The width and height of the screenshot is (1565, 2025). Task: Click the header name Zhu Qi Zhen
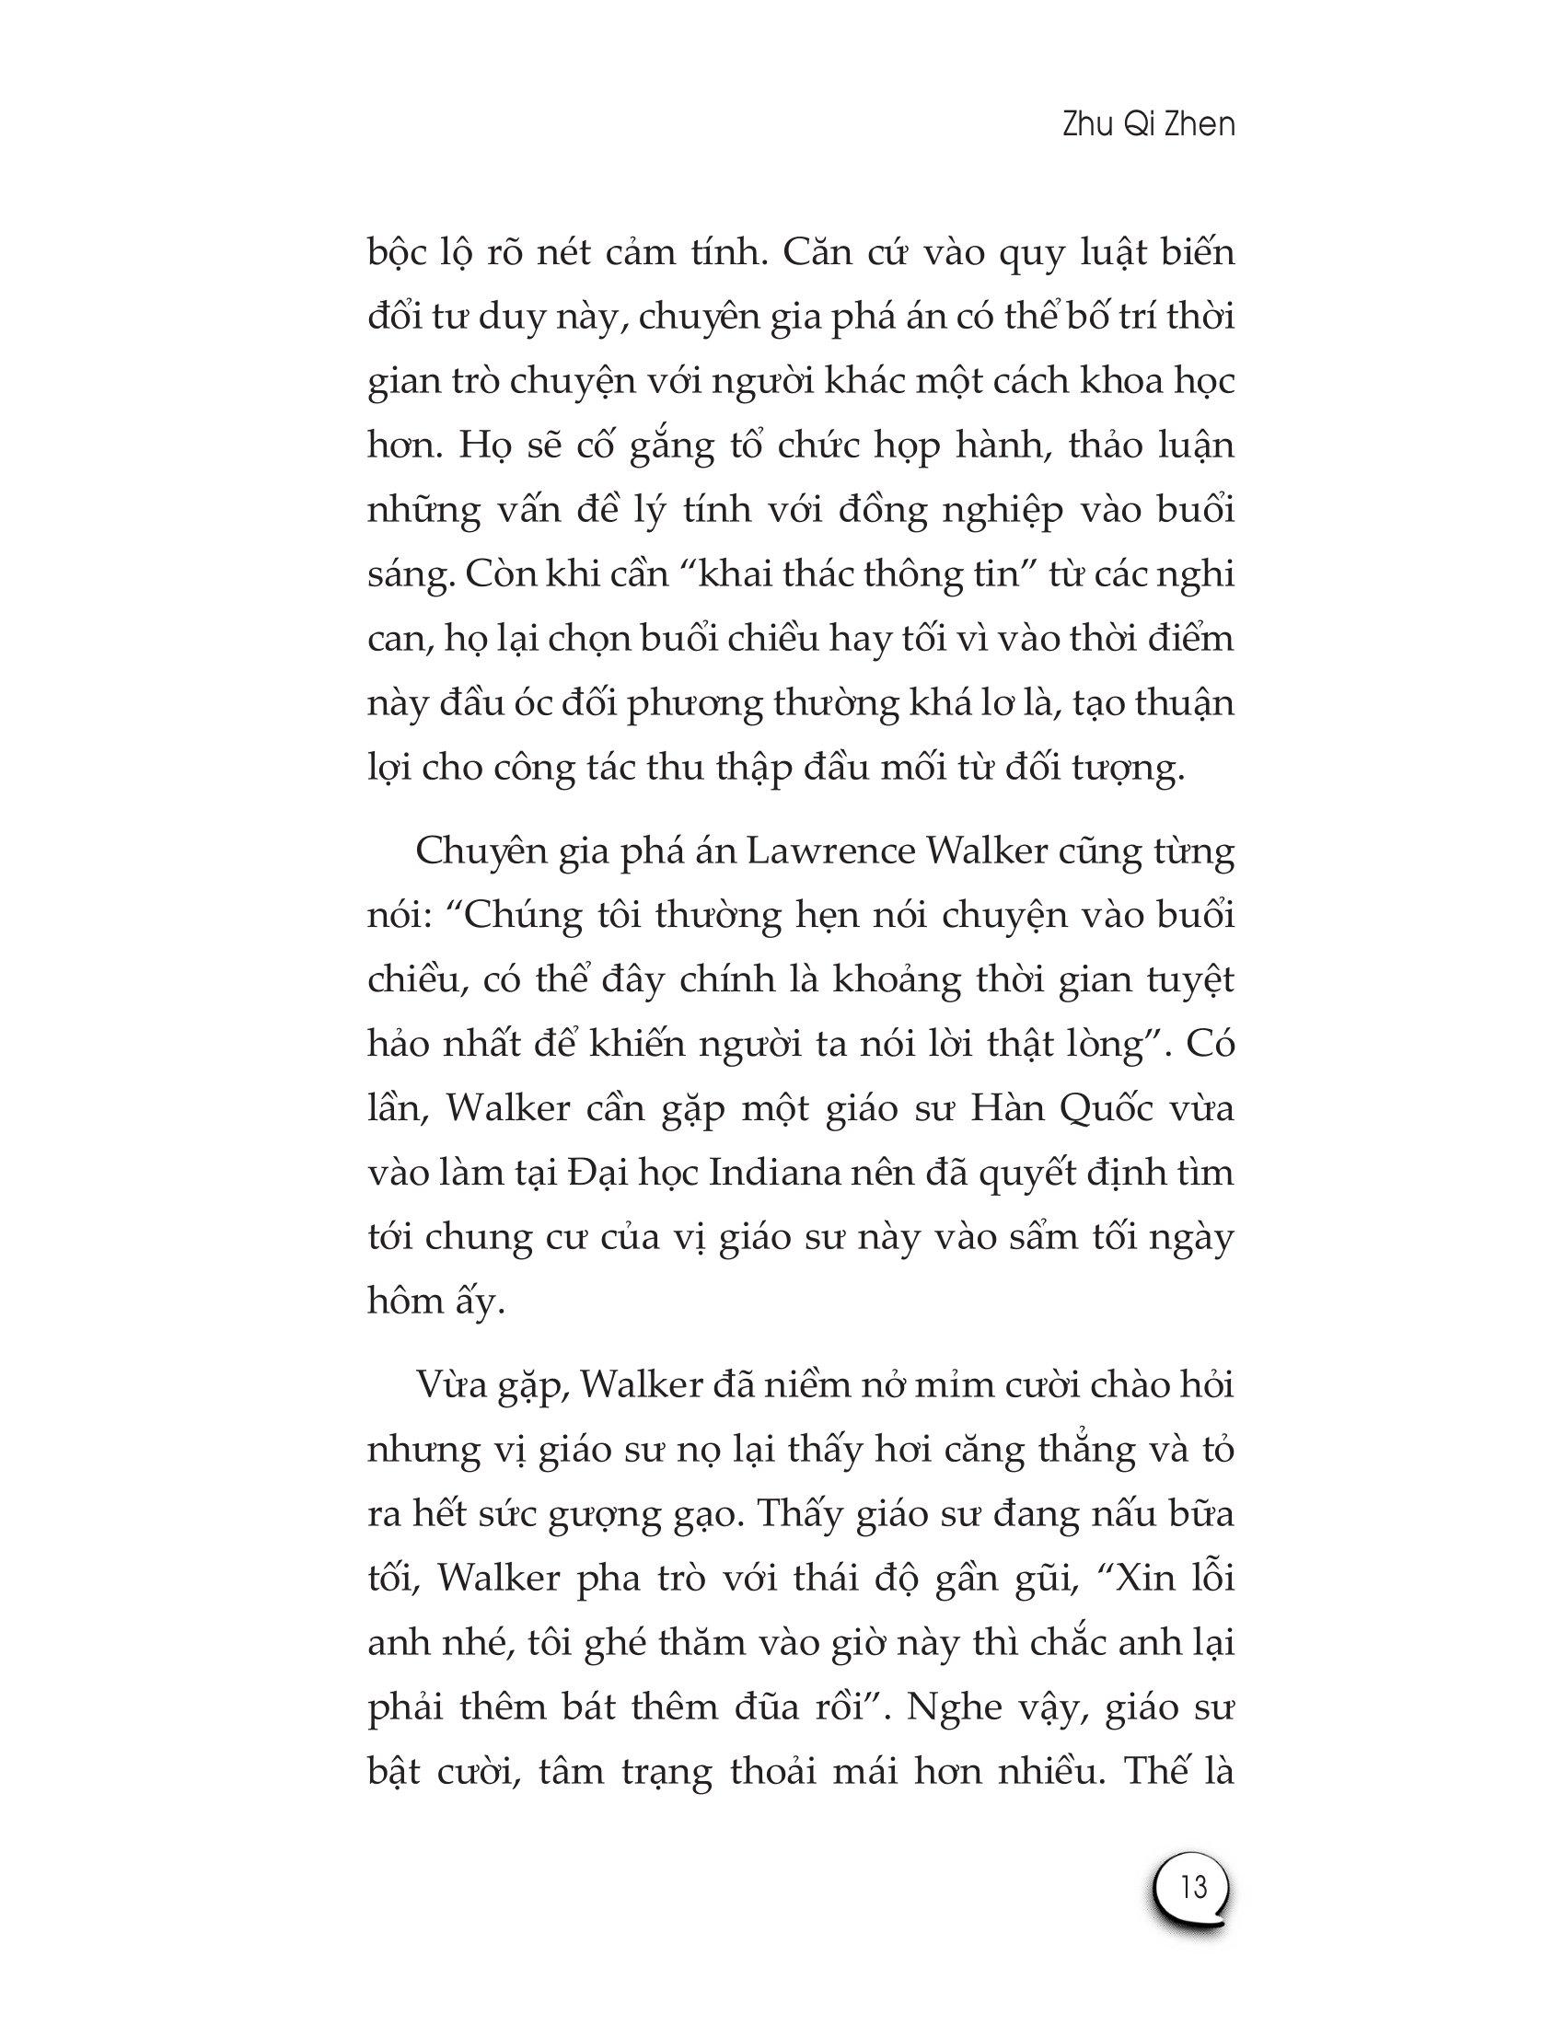(1149, 125)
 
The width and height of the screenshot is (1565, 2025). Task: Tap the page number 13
(1194, 1886)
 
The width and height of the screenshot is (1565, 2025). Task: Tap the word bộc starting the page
(398, 253)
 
